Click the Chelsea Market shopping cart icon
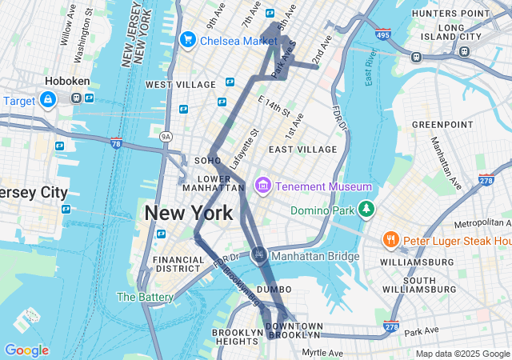coord(189,39)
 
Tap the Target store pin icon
coord(48,99)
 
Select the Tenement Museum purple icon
coord(262,186)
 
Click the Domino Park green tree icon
coord(366,209)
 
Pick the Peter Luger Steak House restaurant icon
coord(390,239)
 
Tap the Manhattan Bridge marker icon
coord(259,255)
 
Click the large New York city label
coord(189,213)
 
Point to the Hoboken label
coord(68,81)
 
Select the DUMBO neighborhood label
coord(274,289)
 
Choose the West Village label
coord(180,84)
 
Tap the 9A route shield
coord(166,137)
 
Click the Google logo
coord(26,350)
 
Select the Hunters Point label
coord(450,14)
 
